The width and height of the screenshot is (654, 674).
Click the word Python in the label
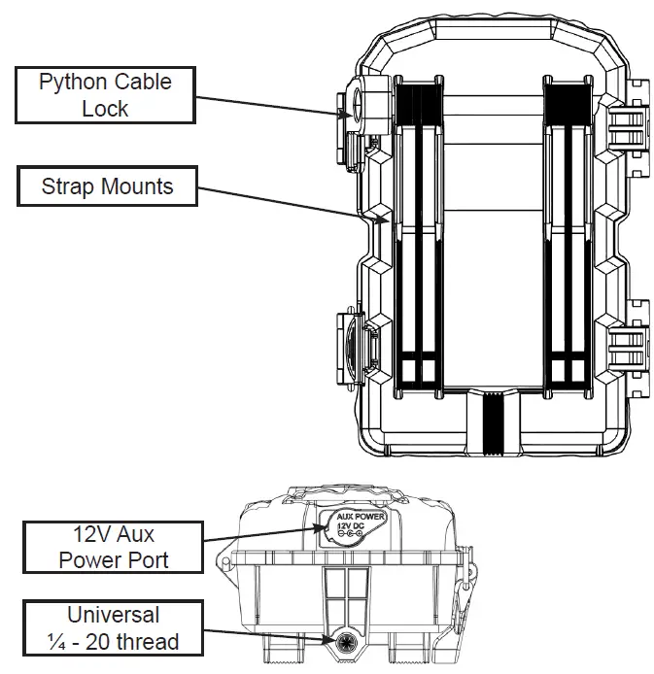point(72,82)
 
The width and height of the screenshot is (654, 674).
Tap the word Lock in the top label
point(105,109)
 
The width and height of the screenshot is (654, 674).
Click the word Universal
point(115,615)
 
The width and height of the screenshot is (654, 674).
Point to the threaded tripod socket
point(347,642)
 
